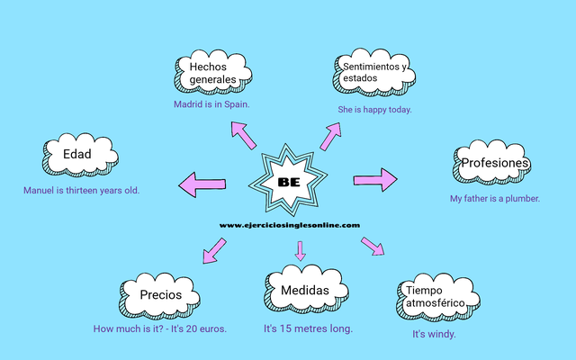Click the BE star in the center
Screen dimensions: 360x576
[x=290, y=181]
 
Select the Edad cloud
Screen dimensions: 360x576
[x=78, y=155]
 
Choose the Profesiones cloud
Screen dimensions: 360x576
[x=494, y=164]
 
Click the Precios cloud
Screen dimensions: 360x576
[x=161, y=294]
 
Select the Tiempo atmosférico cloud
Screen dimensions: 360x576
[x=436, y=297]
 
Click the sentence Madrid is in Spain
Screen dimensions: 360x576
[x=211, y=103]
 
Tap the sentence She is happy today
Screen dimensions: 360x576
[x=374, y=110]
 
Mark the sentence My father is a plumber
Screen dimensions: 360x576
[x=495, y=198]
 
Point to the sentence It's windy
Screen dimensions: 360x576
[x=434, y=334]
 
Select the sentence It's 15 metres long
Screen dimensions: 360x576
[x=308, y=328]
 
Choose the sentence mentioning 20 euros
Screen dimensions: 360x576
[x=160, y=328]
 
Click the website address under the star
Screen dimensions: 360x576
[x=290, y=225]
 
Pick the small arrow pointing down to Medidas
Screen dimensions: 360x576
[x=301, y=252]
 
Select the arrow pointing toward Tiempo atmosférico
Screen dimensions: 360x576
[x=372, y=246]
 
